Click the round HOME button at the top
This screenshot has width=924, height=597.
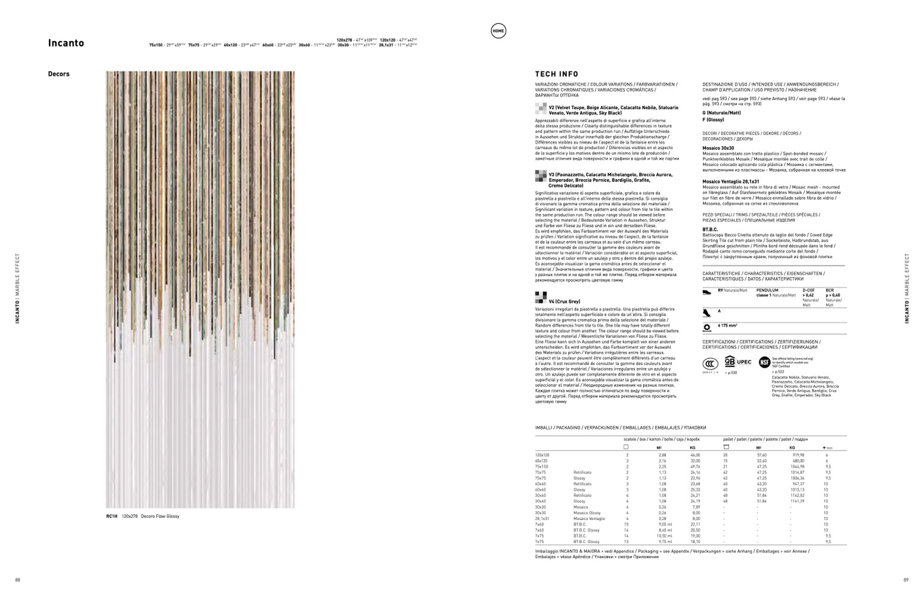click(498, 32)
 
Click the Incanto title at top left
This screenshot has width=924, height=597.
click(66, 43)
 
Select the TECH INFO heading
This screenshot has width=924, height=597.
click(556, 75)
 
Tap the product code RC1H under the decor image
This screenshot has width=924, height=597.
click(111, 516)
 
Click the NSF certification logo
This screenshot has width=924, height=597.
click(764, 362)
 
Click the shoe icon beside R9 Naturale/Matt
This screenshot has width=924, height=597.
click(707, 292)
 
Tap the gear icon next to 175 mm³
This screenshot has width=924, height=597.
click(707, 327)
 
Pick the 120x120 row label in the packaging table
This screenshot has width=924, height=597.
click(542, 455)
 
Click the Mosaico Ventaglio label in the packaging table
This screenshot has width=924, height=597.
click(589, 518)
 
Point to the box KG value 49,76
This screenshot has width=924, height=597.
click(695, 466)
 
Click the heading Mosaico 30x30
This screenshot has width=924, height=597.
click(718, 148)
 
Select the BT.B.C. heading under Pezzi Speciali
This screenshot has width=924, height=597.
click(710, 229)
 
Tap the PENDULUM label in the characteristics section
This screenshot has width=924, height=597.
click(767, 290)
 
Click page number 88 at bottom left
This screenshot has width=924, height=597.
click(17, 580)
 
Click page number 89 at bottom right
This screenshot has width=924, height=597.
click(906, 580)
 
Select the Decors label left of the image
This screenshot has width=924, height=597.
click(58, 74)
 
